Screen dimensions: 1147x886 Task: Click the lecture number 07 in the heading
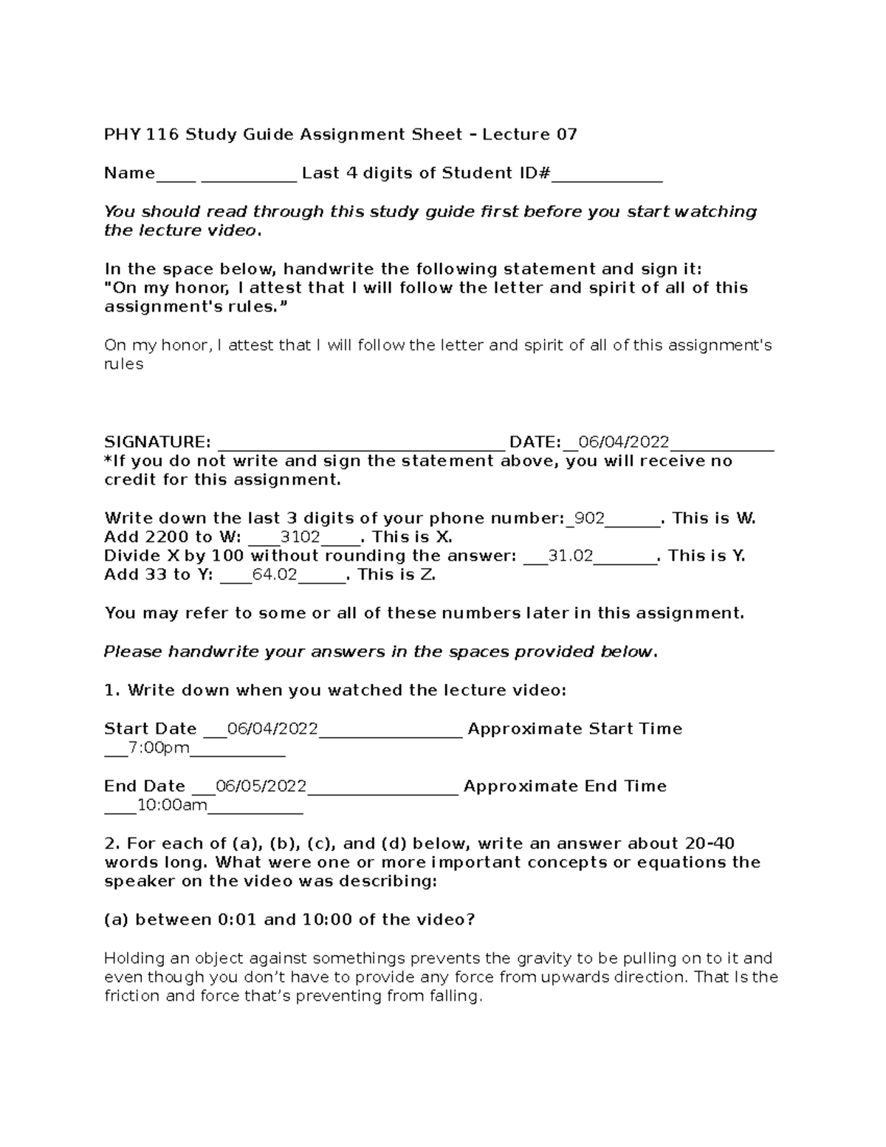point(566,134)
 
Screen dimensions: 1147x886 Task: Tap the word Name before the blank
point(129,173)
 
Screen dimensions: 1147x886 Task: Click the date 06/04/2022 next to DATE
point(624,442)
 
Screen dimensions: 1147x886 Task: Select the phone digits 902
point(589,518)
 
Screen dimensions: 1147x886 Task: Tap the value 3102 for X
point(301,537)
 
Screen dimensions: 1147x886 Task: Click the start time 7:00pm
point(159,748)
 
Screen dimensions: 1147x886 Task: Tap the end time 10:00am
point(172,805)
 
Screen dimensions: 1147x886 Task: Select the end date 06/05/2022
point(261,786)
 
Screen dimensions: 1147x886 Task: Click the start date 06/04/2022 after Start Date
point(272,729)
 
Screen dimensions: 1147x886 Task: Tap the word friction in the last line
point(132,996)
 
